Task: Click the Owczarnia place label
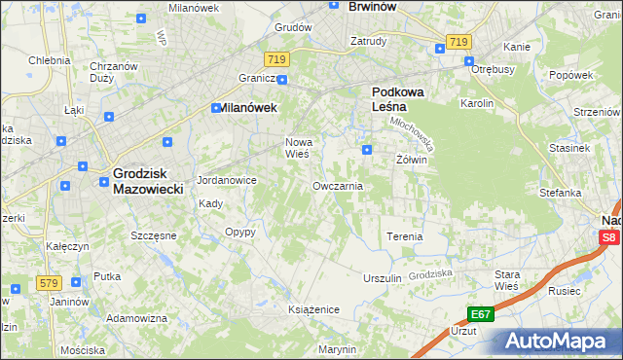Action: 338,185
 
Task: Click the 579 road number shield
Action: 48,283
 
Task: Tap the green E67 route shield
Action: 480,314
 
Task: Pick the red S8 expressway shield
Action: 609,237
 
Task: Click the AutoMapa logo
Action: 561,342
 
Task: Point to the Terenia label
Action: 405,236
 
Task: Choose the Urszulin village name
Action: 382,278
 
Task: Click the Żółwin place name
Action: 412,159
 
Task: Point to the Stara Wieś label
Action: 506,280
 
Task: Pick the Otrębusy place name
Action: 493,69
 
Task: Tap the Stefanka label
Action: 560,193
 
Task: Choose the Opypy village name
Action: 240,232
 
